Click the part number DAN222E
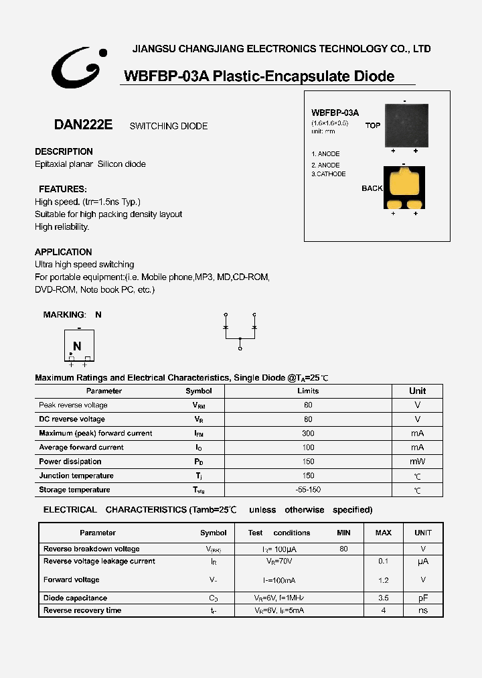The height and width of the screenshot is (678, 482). point(83,125)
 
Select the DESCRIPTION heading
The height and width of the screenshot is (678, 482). point(64,151)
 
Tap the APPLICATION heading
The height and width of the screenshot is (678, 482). point(64,252)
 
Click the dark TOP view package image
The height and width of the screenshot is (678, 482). point(404,125)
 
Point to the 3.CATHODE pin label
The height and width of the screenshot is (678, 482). point(328,174)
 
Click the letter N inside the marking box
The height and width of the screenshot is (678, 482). point(77,346)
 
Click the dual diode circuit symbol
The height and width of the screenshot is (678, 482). point(240,330)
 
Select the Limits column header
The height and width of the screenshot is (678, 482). point(308,391)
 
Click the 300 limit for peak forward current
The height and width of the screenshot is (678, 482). point(308,433)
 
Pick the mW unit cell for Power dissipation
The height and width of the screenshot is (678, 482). point(417,462)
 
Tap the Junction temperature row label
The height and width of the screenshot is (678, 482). point(76,476)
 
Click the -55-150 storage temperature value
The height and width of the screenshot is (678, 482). point(308,490)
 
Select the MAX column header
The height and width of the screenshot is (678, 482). point(383,533)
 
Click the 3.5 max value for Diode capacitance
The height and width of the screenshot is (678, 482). point(383,598)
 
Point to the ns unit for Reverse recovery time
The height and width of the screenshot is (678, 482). point(422,610)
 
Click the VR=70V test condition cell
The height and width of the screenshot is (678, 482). point(279,561)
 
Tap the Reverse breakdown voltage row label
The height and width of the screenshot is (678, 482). point(92,549)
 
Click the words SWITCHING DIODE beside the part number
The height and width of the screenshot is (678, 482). point(169,126)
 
